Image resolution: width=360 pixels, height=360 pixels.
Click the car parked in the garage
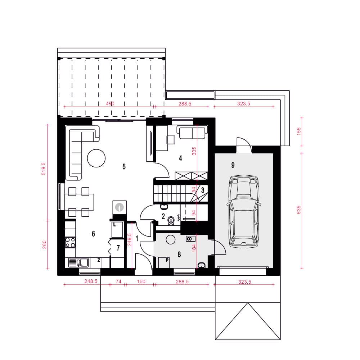(244, 211)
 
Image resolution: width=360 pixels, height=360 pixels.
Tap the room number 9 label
(233, 165)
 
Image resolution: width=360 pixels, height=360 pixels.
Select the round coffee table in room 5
(96, 158)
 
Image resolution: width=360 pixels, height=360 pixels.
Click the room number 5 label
(124, 166)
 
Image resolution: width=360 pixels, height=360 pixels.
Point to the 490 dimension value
(110, 104)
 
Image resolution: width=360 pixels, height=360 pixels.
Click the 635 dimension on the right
(298, 210)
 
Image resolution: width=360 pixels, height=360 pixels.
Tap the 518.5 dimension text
(44, 169)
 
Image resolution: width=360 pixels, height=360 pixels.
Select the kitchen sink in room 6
(78, 263)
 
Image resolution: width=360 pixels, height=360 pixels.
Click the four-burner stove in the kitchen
(70, 242)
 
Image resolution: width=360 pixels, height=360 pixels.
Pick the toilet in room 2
(171, 221)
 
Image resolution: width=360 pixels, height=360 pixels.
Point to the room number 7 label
(118, 248)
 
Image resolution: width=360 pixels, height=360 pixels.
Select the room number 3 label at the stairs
(202, 190)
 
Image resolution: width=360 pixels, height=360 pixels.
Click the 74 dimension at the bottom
(118, 281)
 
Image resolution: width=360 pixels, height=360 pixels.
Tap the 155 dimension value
(298, 131)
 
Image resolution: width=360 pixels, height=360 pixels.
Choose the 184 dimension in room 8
(194, 248)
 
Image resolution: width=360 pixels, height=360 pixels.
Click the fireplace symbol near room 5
(120, 207)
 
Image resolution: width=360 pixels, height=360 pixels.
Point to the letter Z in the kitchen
(99, 260)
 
